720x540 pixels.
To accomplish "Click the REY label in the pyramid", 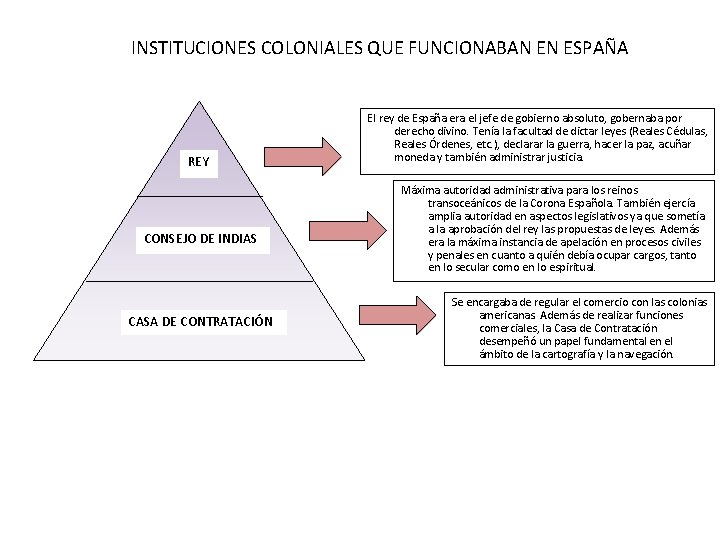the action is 199,162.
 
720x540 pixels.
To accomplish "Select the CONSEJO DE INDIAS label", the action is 200,238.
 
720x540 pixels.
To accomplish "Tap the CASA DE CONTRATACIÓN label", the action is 200,322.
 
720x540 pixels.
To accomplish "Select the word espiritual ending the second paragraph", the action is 567,267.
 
